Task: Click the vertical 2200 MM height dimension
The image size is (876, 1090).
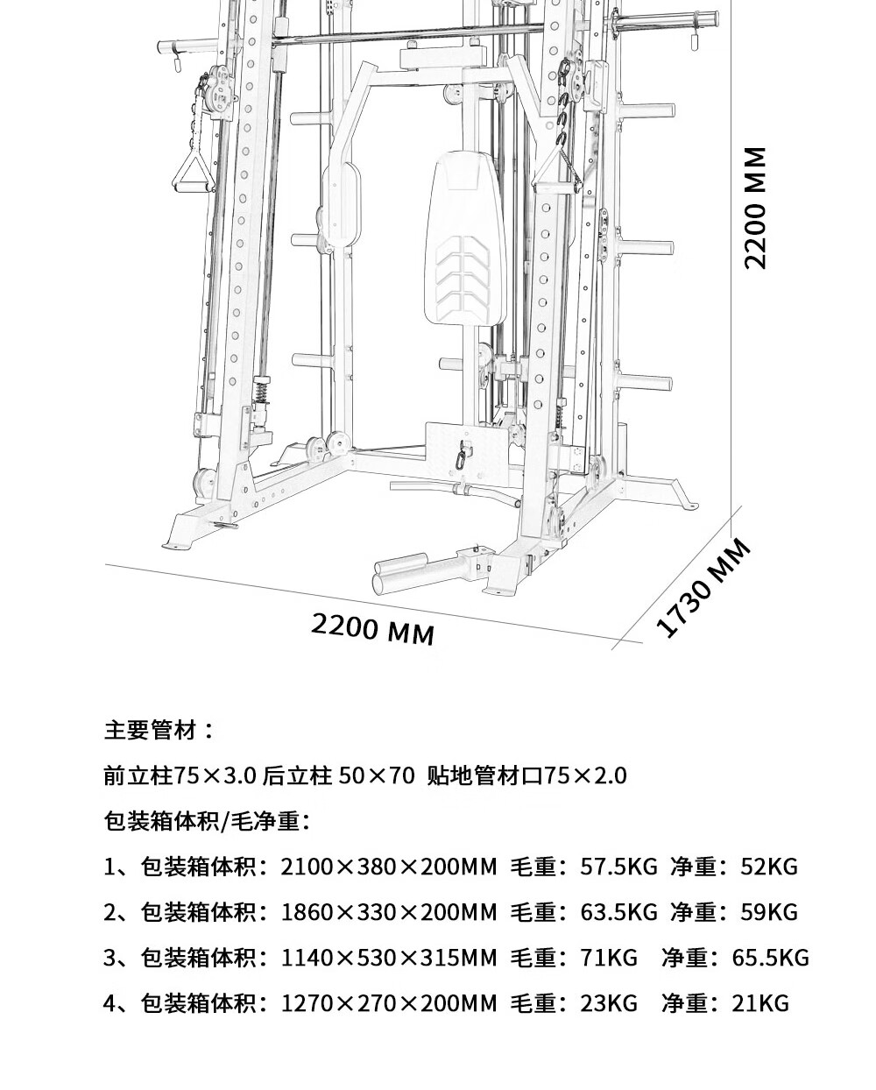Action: [755, 209]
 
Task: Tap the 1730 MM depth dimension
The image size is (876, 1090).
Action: [703, 587]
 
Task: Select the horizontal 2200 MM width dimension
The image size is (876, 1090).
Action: [372, 630]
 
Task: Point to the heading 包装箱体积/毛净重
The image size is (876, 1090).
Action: [206, 820]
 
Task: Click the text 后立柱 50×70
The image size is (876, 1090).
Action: [338, 775]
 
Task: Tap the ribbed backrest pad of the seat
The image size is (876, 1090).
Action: [464, 239]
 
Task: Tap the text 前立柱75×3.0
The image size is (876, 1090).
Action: [180, 775]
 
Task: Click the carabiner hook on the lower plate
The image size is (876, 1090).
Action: [462, 457]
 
